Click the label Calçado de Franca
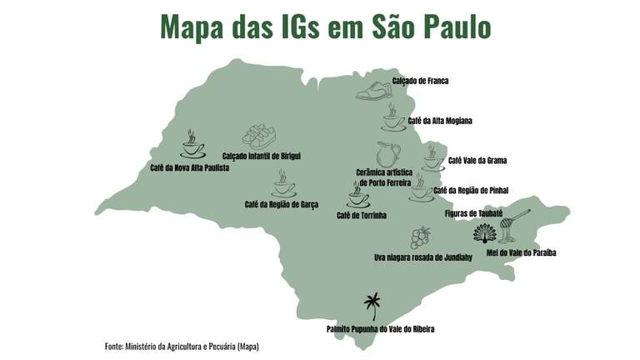(421, 80)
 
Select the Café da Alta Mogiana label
(440, 121)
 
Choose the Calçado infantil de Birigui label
(261, 156)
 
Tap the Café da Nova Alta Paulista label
(189, 167)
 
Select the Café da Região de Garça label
(282, 204)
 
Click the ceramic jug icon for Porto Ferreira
(387, 153)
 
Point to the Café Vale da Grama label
(477, 160)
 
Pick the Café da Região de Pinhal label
(472, 190)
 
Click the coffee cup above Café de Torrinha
(359, 197)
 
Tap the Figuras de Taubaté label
(473, 213)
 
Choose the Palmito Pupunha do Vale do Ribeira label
(380, 329)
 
